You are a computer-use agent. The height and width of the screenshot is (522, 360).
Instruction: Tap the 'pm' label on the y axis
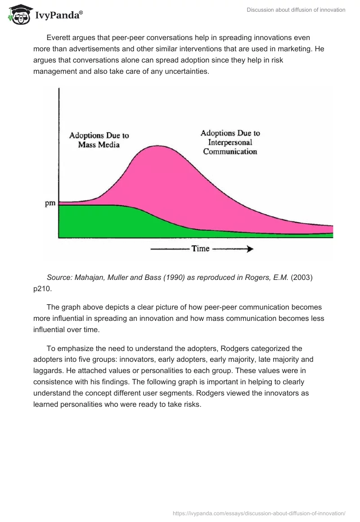pos(50,203)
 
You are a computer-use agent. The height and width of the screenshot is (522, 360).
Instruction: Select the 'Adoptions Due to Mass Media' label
pos(99,139)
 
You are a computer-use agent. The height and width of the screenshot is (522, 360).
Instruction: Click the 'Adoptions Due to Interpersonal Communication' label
pos(230,142)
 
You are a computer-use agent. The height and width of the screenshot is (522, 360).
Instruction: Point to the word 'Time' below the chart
pos(200,248)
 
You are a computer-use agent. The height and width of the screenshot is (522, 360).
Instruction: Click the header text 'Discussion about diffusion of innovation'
pos(296,10)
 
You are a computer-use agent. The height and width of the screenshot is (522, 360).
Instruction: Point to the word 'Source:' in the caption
pos(60,278)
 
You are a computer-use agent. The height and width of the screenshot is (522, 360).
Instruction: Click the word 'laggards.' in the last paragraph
pos(47,371)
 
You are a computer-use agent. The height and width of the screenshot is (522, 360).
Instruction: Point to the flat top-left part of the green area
pos(90,211)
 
